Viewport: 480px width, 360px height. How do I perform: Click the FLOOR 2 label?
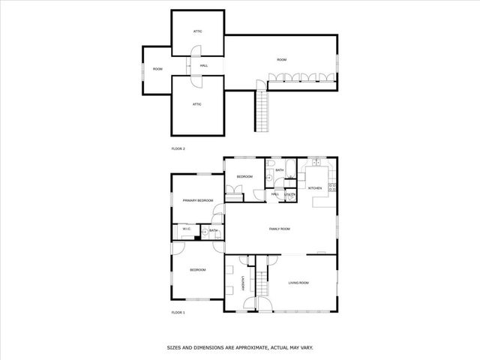click(178, 148)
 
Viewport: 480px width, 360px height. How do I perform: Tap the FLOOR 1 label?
click(178, 312)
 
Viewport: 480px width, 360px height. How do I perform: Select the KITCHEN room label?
click(315, 187)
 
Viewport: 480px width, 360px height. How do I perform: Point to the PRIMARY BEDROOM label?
click(198, 200)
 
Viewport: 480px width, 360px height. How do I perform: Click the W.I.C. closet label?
click(186, 229)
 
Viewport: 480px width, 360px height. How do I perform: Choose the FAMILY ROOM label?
click(280, 229)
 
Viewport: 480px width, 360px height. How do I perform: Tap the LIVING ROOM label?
click(299, 283)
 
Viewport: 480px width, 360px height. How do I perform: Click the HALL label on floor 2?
click(203, 66)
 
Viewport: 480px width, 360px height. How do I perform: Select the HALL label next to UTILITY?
click(275, 194)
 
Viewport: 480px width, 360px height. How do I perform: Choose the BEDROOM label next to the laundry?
click(198, 270)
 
